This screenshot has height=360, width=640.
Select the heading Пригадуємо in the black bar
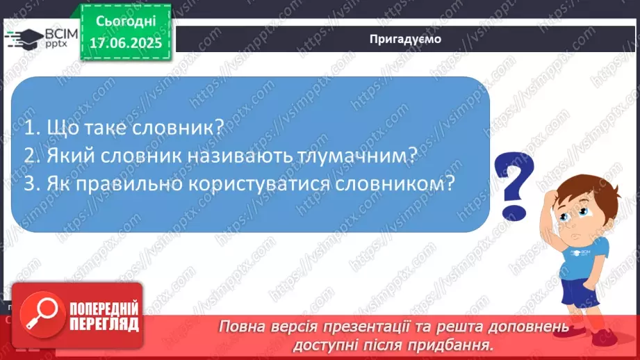(x=405, y=39)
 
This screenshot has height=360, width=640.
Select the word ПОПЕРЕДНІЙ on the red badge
(x=102, y=308)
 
